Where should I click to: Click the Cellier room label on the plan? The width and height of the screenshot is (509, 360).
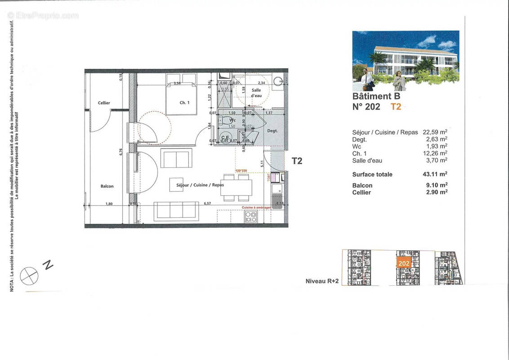tap(104, 103)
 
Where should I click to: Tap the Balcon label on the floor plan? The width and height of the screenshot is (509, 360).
tap(107, 186)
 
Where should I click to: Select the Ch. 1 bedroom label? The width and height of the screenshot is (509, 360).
tap(184, 103)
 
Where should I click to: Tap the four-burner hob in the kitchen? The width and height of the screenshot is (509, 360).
tap(250, 217)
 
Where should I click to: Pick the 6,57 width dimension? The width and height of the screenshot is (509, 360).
tap(207, 204)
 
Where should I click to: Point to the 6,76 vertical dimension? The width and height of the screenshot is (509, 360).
tap(121, 152)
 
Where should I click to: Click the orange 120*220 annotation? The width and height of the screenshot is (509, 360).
tap(241, 171)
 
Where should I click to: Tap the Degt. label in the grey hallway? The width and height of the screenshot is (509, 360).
tap(272, 130)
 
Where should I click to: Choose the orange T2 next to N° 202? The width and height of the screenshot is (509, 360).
tap(396, 107)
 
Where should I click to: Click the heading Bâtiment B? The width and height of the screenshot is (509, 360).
tap(376, 96)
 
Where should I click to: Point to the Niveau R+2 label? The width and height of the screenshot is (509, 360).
tap(321, 281)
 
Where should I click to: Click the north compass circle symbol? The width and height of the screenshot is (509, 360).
tap(29, 275)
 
